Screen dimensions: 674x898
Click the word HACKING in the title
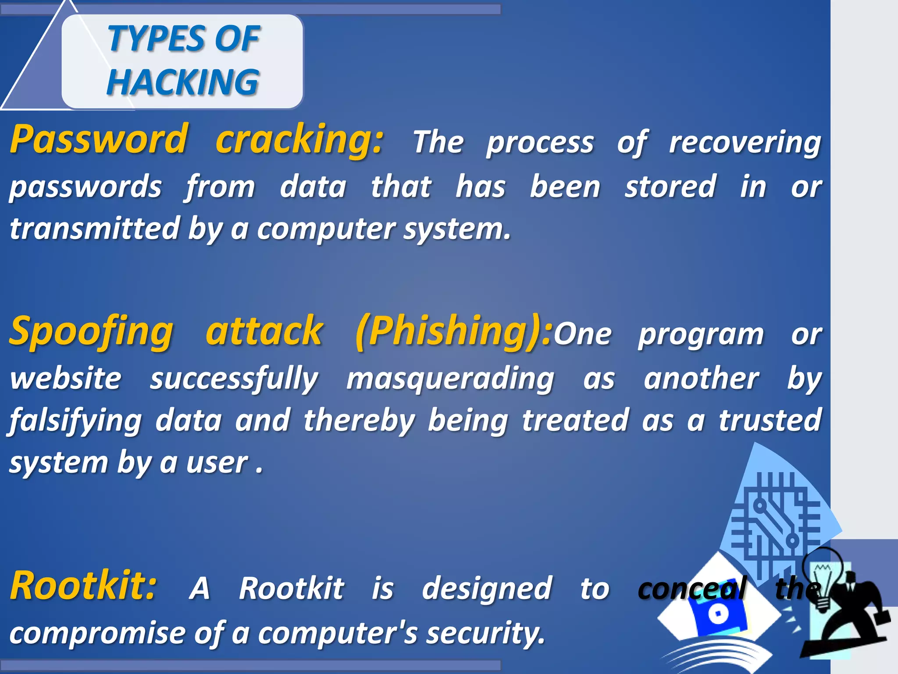point(182,82)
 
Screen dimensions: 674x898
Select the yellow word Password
point(100,140)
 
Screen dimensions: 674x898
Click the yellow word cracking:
point(299,140)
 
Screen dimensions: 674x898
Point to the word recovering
point(745,143)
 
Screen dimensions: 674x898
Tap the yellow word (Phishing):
point(453,332)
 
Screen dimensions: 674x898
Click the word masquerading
point(450,379)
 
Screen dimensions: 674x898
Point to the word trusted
point(770,420)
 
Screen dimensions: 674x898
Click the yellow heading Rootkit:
point(83,586)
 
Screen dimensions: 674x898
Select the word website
point(66,379)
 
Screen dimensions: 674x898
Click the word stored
point(670,187)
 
